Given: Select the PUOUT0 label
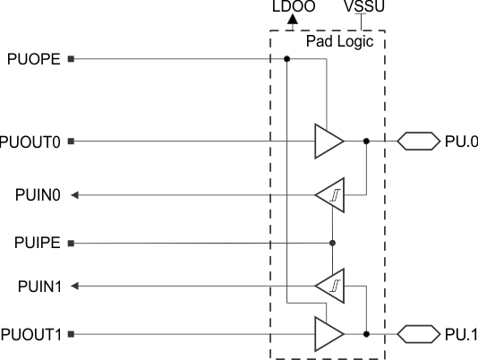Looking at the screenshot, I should pyautogui.click(x=32, y=141).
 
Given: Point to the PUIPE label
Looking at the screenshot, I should pyautogui.click(x=38, y=243).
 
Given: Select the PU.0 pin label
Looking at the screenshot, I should pyautogui.click(x=460, y=141).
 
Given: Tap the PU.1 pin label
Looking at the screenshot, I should pyautogui.click(x=460, y=334).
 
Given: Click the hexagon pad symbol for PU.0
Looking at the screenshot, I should pyautogui.click(x=418, y=141).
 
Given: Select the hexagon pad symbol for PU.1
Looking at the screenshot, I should pyautogui.click(x=418, y=334).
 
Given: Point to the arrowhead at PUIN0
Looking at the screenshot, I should pyautogui.click(x=75, y=194).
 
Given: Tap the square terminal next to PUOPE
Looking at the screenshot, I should pyautogui.click(x=71, y=60).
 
